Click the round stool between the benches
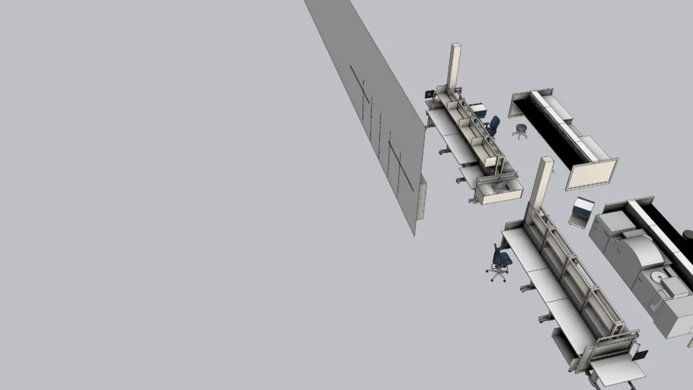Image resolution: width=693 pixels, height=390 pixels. pos(521,131)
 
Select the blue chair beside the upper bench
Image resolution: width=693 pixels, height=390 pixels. pos(492,125)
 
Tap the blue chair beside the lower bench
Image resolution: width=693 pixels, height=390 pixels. pos(500,261)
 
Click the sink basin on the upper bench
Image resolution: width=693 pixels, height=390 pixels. pos(499,187)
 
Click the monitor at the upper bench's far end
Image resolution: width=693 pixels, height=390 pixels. pos(431,94)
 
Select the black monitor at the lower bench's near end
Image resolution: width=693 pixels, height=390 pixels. pos(640,354)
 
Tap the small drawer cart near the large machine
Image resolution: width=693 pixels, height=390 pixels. pos(583,210)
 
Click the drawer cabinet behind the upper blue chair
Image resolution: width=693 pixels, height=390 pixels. pos(478,111)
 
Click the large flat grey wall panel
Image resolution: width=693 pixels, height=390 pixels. pos(373,107)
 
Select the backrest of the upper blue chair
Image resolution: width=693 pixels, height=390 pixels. pos(495,123)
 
